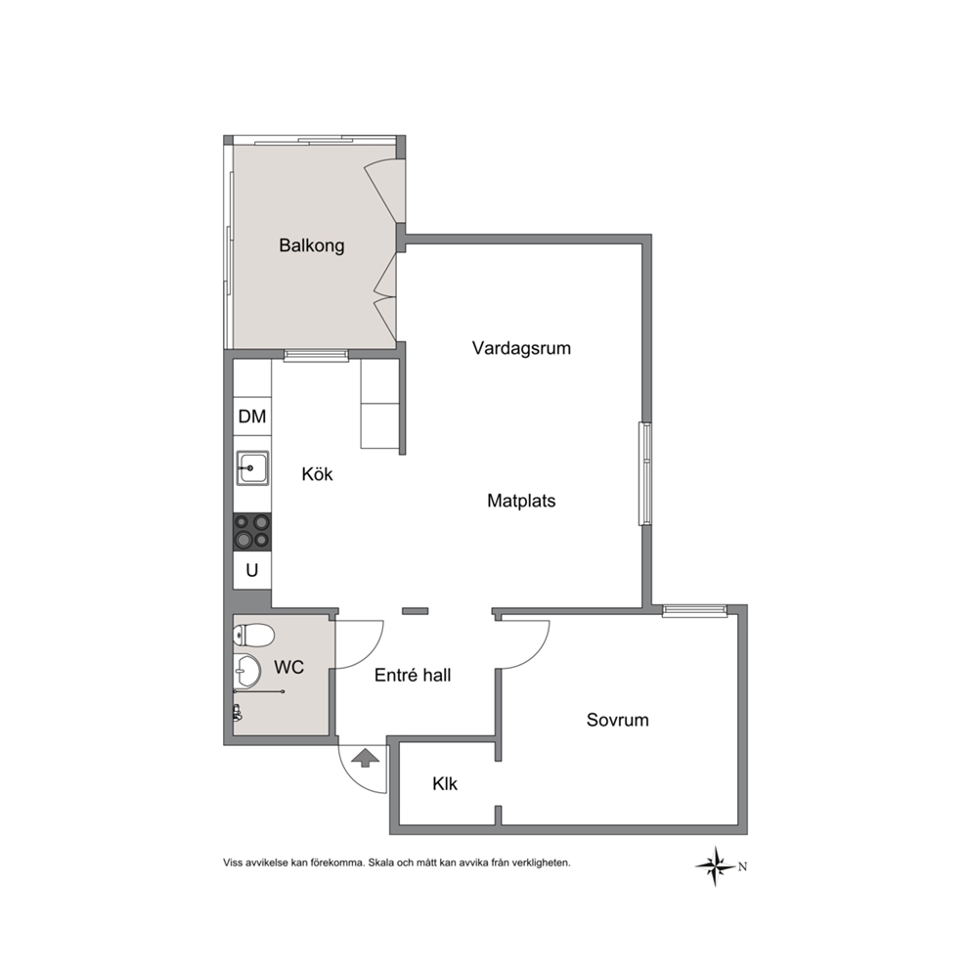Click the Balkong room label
311,245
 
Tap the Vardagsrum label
521,348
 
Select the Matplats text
521,501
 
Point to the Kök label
317,474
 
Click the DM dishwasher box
251,417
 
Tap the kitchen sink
252,468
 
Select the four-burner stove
252,533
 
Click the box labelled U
251,570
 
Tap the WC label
288,667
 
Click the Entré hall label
413,675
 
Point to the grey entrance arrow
366,758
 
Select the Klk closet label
445,784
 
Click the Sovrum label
617,720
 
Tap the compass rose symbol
716,866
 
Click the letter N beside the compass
742,866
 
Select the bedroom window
694,611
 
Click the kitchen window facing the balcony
316,356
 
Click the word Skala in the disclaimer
382,862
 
